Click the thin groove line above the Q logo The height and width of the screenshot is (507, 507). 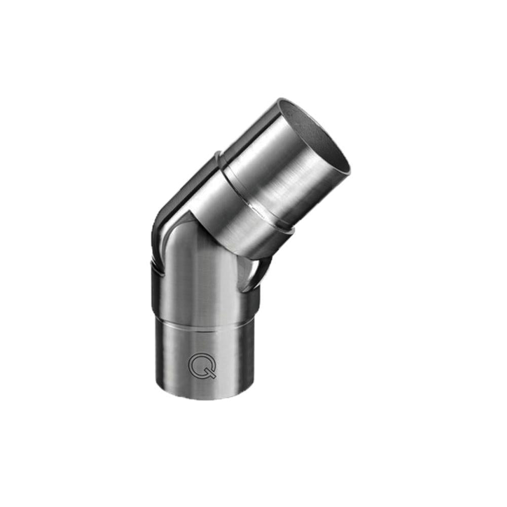point(203,330)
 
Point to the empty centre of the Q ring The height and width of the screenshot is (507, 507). point(201,364)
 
